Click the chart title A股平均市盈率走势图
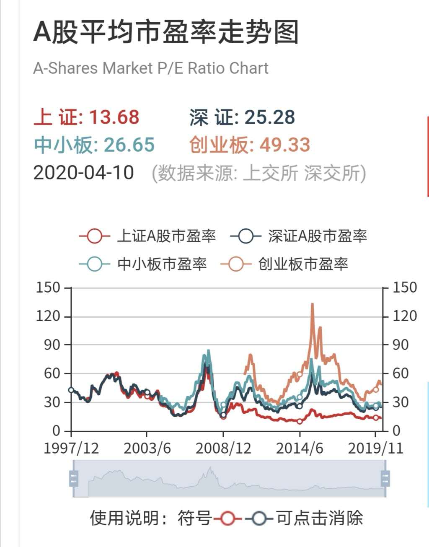[x=166, y=32]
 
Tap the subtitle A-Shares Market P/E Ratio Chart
[x=151, y=68]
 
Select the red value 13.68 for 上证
[x=114, y=117]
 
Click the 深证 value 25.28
[x=269, y=117]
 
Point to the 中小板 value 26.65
[x=129, y=145]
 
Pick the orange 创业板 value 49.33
[x=284, y=145]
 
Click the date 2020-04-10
[x=83, y=173]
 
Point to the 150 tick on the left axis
[x=48, y=288]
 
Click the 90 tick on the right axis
[x=400, y=345]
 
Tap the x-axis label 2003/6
[x=147, y=448]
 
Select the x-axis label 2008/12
[x=223, y=448]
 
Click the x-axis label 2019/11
[x=375, y=448]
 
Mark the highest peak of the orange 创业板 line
[x=312, y=304]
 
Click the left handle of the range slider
[x=74, y=478]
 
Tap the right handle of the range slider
[x=385, y=478]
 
